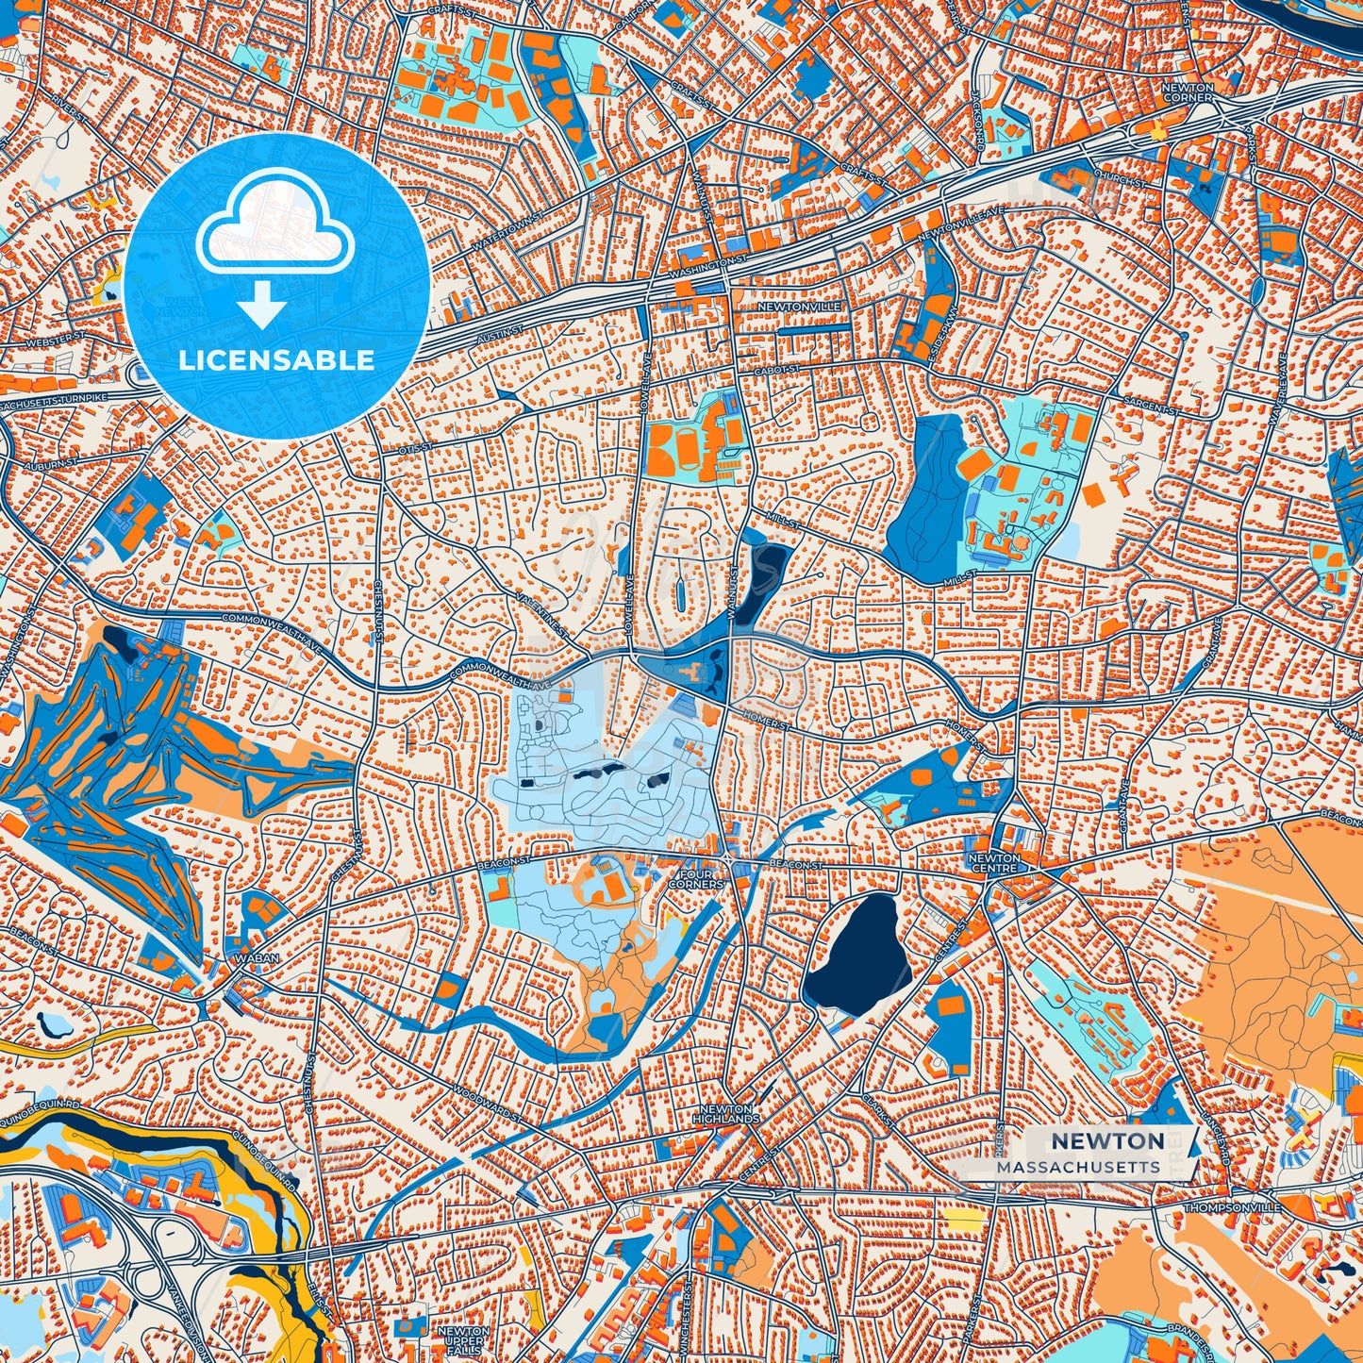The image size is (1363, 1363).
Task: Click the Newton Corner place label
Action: coord(1187,91)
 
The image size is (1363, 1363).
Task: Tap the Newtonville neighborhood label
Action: coord(798,308)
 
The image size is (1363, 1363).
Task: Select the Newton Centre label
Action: coord(994,863)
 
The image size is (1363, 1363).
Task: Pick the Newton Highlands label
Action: coord(725,1114)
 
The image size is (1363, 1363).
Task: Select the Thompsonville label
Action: coord(1233,1207)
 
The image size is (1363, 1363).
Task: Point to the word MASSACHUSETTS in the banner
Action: coord(1077,1167)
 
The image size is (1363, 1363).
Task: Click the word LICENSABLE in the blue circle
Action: coord(276,360)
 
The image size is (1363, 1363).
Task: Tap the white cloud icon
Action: coord(274,226)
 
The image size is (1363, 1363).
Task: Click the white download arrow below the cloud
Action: coord(262,307)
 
